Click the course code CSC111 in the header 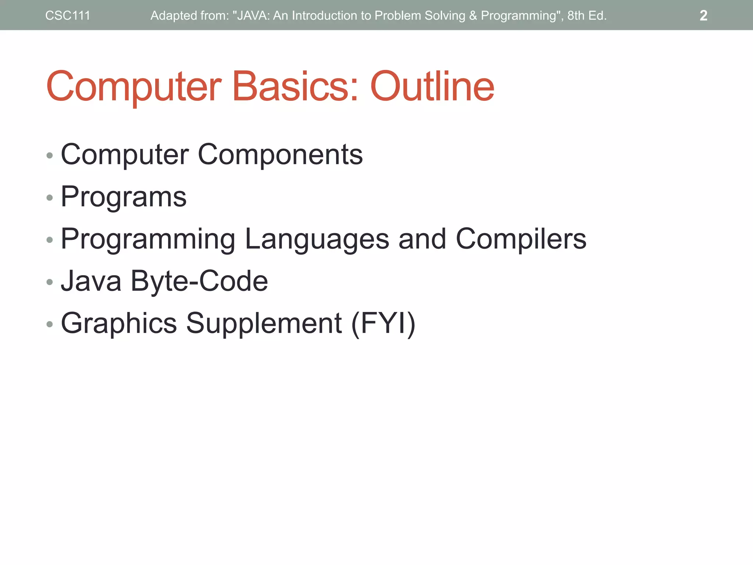pos(68,15)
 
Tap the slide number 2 pos(703,15)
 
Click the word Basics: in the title pos(295,86)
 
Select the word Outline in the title pos(432,86)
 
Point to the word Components pos(280,155)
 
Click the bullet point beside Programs pos(50,198)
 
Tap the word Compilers pos(521,239)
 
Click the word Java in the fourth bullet pos(91,281)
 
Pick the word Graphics pos(119,323)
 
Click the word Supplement pos(264,323)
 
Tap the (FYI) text pos(383,323)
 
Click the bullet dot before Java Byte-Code pos(50,282)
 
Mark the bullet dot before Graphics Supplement pos(50,324)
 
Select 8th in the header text pos(576,15)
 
